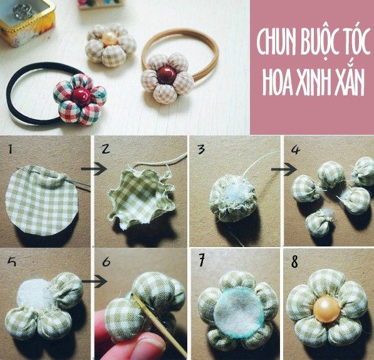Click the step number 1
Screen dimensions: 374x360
click(x=10, y=149)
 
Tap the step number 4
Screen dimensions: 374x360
click(x=296, y=149)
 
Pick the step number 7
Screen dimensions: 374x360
click(x=202, y=260)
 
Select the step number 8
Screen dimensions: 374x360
click(x=295, y=261)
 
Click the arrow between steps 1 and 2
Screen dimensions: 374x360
click(x=94, y=169)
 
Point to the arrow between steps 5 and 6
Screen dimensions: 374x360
click(x=94, y=281)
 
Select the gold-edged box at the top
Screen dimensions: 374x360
click(x=26, y=22)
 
